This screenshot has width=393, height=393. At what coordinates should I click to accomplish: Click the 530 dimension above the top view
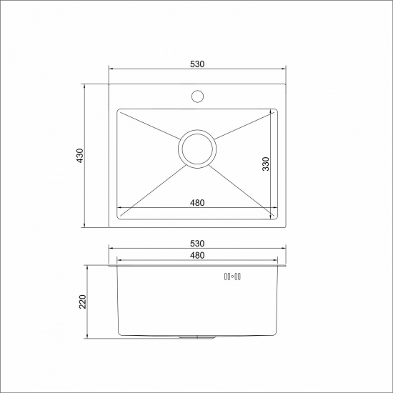198,64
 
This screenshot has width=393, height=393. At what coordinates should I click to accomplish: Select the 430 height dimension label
80,156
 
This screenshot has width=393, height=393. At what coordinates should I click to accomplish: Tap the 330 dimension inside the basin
265,164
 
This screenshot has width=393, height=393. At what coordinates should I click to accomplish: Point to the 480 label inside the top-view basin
198,202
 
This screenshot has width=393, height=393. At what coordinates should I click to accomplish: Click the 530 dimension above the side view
198,244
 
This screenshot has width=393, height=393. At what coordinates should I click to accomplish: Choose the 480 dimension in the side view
198,255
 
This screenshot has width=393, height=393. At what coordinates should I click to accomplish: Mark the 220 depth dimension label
82,302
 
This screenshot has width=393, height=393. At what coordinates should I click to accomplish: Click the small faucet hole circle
198,94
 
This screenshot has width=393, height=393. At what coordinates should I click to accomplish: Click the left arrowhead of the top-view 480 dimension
120,208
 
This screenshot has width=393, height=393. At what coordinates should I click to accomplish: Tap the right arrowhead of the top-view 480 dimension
275,208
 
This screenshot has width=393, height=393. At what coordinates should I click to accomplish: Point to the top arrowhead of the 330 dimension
272,113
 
